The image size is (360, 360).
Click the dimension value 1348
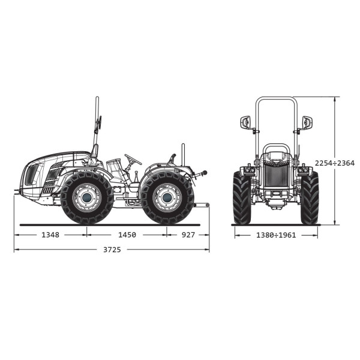click(x=50, y=235)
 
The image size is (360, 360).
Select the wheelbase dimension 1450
click(x=127, y=235)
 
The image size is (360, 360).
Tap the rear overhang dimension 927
click(x=188, y=235)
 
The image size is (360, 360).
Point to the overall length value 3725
click(x=112, y=250)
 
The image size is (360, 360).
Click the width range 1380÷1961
click(x=276, y=235)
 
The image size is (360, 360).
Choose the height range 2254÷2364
click(x=335, y=163)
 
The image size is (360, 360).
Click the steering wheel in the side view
click(x=133, y=160)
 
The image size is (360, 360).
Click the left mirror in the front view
click(x=245, y=123)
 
